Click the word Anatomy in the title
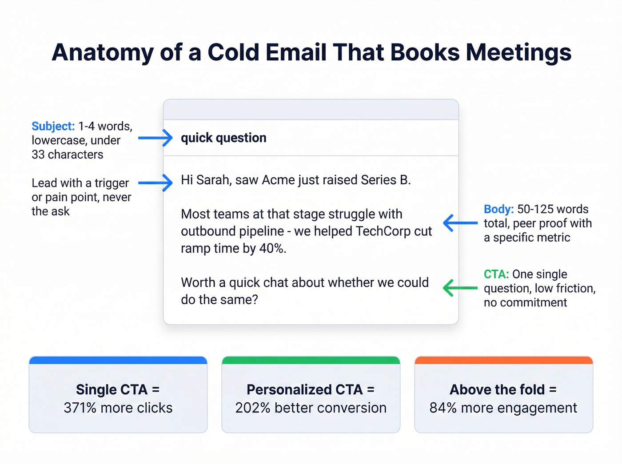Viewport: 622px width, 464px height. [x=103, y=52]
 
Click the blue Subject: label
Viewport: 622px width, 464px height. [x=53, y=126]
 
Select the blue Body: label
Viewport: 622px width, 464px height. [x=498, y=209]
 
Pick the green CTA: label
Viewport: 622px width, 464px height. [x=496, y=274]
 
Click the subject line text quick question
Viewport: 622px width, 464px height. [x=223, y=138]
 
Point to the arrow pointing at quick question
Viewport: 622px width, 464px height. [x=155, y=138]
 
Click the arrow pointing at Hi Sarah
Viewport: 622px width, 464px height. [x=155, y=182]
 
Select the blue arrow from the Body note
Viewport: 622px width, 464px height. [x=460, y=223]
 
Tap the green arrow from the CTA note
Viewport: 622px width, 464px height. [x=460, y=288]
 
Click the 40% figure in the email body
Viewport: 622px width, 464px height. [x=272, y=248]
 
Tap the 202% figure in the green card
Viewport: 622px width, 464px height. [x=252, y=408]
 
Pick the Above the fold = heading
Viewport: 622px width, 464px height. [x=503, y=389]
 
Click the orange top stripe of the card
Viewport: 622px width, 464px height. [x=503, y=360]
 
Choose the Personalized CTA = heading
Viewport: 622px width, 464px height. [x=311, y=389]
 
